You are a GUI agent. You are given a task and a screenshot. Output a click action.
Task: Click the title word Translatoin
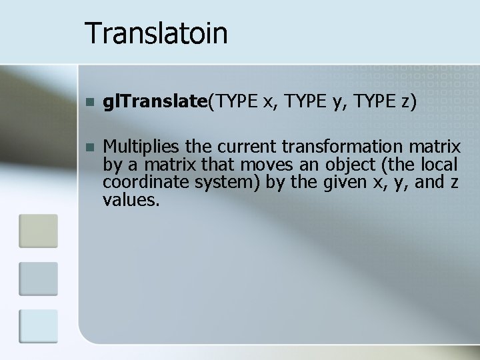pos(157,33)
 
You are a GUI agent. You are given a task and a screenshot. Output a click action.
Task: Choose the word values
pos(131,199)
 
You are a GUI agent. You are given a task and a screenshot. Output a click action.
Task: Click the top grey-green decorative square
pos(39,231)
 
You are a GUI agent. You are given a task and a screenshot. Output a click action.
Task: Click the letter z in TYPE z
pos(404,102)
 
